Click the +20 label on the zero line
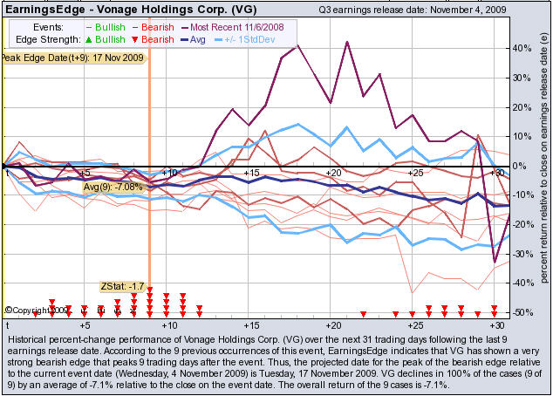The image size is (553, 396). tap(331, 174)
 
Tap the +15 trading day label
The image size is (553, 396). tap(250, 174)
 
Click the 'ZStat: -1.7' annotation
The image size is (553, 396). tap(119, 286)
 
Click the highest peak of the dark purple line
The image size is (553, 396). tap(298, 44)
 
